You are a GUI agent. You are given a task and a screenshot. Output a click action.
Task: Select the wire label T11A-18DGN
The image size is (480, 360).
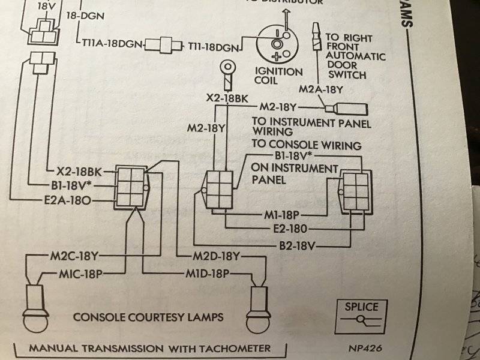(x=112, y=45)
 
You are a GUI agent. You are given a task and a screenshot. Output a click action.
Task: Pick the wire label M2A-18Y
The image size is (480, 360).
(x=326, y=89)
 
